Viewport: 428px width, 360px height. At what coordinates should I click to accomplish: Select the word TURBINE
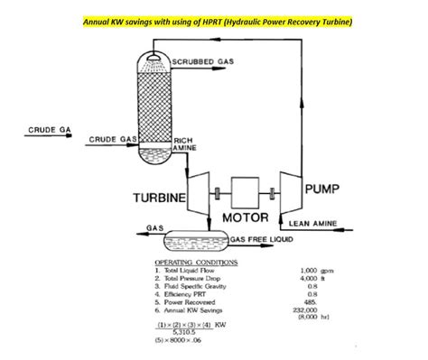pos(160,197)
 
